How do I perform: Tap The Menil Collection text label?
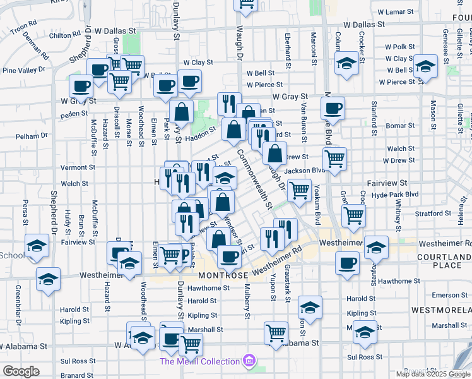point(199,361)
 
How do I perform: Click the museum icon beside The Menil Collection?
point(250,361)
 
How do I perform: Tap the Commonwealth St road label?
point(254,180)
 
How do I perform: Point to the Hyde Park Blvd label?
point(395,194)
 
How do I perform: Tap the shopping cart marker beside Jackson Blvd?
point(334,158)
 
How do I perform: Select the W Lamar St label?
point(396,12)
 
